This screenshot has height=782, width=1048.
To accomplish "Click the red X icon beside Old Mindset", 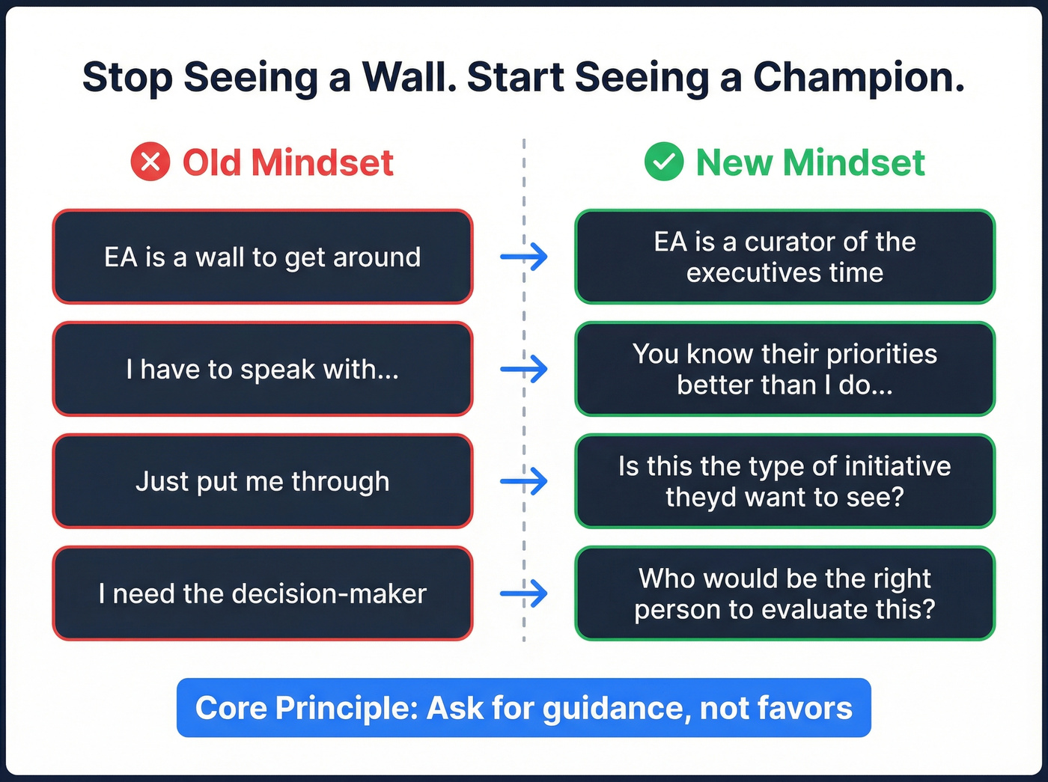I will coord(150,162).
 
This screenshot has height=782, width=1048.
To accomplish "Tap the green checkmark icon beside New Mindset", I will coord(663,162).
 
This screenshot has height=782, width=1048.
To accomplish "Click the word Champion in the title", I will coord(858,77).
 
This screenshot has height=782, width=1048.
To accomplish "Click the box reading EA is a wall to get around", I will coord(263,257).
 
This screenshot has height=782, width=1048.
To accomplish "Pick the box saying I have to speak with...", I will coord(263,369).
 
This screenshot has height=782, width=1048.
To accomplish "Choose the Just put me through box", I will coord(263,481).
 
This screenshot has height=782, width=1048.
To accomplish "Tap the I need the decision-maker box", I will coord(263,593).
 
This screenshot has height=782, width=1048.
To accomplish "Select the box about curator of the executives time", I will coord(785,257).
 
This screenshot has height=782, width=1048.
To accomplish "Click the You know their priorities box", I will coord(785,369).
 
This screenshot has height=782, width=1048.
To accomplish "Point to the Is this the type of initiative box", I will coord(785,481).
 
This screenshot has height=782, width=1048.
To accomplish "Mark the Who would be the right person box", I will coord(785,593).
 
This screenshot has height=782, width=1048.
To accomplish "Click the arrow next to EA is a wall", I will coord(524,257).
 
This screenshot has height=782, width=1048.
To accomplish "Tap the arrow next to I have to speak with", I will coord(524,369).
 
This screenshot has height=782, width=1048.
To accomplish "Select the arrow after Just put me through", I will coord(524,481).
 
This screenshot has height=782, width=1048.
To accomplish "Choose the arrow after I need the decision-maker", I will coord(524,593).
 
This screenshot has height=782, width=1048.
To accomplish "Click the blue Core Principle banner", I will coord(524,708).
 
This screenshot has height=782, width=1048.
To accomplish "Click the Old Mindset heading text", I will coord(287,162).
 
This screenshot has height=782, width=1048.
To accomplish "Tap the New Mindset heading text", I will coord(810,162).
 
